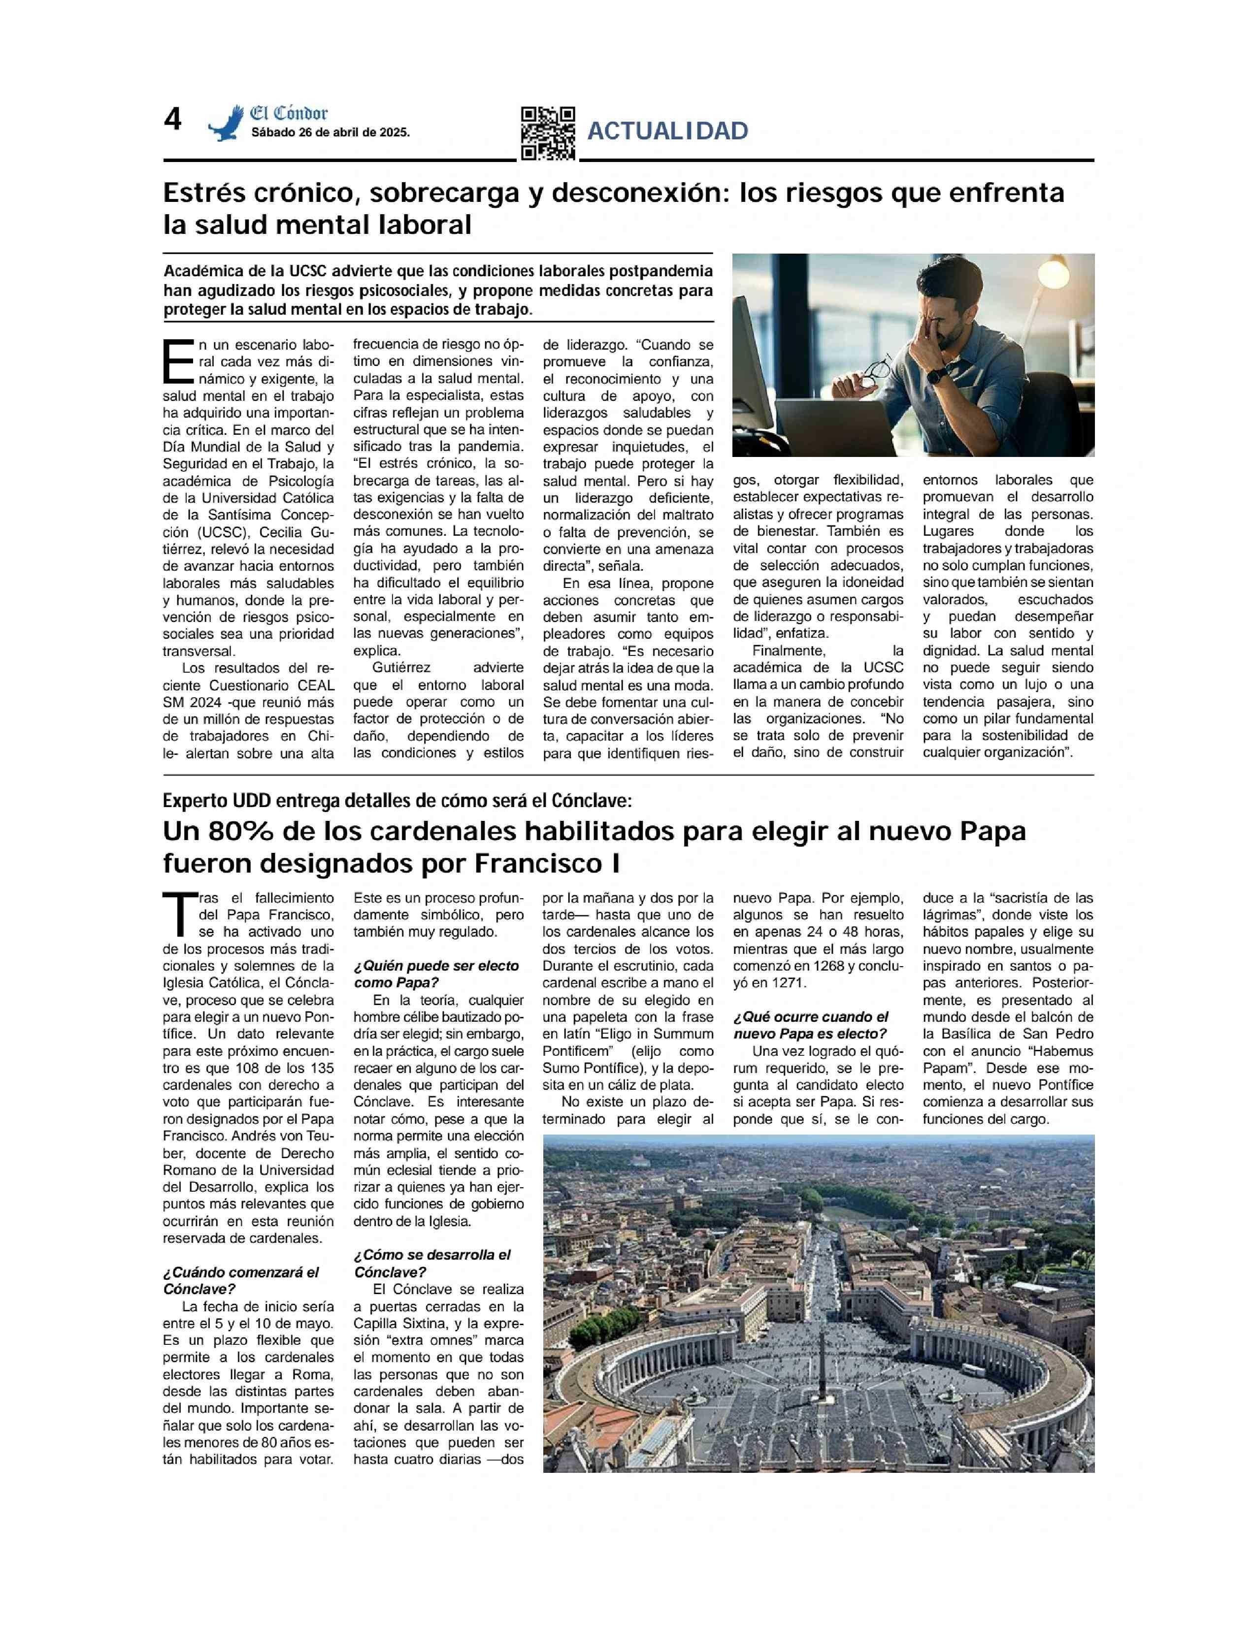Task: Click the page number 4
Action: pyautogui.click(x=172, y=120)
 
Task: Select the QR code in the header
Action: pyautogui.click(x=548, y=133)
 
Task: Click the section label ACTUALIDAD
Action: pyautogui.click(x=667, y=131)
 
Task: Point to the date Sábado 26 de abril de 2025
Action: pyautogui.click(x=331, y=133)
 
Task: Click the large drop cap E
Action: pyautogui.click(x=179, y=362)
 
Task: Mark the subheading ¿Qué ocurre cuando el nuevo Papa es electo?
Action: pyautogui.click(x=810, y=1025)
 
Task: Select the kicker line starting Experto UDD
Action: pyautogui.click(x=397, y=801)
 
